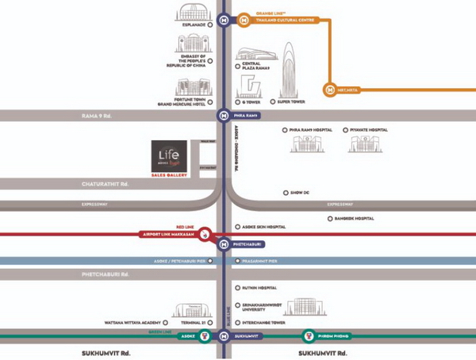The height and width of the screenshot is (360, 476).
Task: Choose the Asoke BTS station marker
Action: click(x=205, y=335)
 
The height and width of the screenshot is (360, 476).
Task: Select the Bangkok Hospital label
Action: click(x=354, y=218)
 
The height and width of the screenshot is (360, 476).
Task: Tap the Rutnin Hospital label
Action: click(x=259, y=288)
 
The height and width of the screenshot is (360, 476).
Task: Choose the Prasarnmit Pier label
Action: click(x=263, y=260)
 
